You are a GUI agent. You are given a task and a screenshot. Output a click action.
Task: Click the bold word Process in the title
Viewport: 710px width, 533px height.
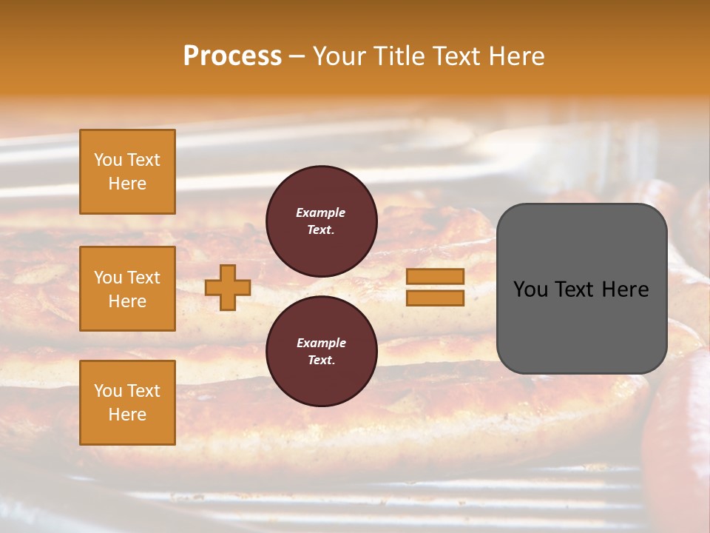(232, 56)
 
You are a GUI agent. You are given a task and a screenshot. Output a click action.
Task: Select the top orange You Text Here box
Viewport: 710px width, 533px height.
(127, 172)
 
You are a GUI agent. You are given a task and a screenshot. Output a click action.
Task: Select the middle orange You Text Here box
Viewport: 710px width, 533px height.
(127, 289)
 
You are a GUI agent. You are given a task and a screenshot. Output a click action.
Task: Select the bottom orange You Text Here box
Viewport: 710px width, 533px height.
(127, 403)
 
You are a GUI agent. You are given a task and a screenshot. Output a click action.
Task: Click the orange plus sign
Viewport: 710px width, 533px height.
(228, 287)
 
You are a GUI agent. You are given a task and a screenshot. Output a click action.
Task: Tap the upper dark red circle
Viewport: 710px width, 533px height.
(322, 221)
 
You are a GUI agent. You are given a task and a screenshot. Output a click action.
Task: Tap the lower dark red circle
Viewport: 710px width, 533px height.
(322, 352)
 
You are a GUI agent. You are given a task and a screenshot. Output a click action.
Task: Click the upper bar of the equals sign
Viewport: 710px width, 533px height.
(435, 277)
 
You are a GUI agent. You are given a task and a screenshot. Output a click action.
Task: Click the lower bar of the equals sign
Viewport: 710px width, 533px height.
(435, 298)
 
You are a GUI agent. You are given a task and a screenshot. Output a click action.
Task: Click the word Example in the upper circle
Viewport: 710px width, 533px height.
(321, 212)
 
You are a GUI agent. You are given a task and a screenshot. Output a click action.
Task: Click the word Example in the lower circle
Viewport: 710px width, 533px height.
(321, 343)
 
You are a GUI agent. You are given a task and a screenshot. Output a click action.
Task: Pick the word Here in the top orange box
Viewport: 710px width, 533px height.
(127, 184)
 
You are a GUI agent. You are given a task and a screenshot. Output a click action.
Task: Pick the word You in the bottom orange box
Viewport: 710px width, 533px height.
(108, 391)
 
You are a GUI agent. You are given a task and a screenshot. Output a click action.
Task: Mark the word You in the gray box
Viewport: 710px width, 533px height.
(530, 289)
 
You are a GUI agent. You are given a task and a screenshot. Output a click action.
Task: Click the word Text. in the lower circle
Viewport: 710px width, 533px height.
(321, 361)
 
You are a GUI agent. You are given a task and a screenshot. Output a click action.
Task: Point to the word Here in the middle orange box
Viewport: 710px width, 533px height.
(127, 301)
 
